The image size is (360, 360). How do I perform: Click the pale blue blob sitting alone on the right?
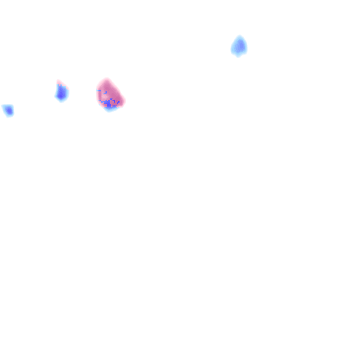[239, 46]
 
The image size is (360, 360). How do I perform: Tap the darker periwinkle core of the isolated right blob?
[240, 45]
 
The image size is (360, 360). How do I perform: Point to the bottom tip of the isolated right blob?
[238, 56]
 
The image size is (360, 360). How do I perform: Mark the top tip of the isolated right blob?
[240, 36]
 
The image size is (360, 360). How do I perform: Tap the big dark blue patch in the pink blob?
[110, 104]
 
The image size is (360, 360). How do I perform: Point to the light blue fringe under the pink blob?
[110, 109]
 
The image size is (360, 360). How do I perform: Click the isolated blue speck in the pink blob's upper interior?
[105, 93]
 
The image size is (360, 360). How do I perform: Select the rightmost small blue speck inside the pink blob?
[118, 102]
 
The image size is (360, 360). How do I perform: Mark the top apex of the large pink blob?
[106, 79]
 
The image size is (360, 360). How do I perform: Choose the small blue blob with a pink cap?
[62, 92]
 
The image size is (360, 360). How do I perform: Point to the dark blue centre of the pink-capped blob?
[62, 93]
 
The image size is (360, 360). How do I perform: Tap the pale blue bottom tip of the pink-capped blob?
[62, 101]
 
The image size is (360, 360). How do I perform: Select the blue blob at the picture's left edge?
[8, 110]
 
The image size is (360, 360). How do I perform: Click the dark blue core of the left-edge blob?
[9, 111]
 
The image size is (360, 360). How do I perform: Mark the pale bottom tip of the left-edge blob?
[9, 116]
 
